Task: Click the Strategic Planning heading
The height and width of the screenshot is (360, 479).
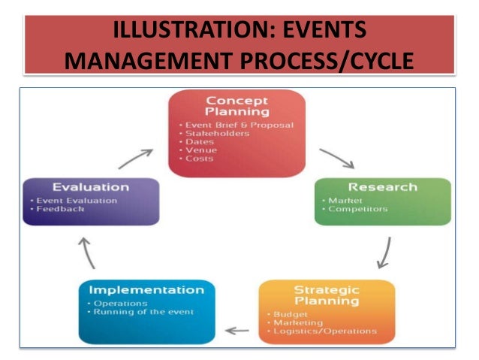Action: [x=326, y=295]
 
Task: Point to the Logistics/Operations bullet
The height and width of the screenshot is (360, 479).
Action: [x=324, y=331]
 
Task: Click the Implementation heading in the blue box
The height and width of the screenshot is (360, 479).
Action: [x=146, y=289]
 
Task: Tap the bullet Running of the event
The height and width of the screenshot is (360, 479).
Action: [x=142, y=312]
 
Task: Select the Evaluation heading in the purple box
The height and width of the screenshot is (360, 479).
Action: [x=91, y=187]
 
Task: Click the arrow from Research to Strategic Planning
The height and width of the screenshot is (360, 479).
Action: [x=384, y=253]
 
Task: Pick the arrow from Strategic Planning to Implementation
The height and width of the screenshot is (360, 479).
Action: [x=237, y=329]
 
